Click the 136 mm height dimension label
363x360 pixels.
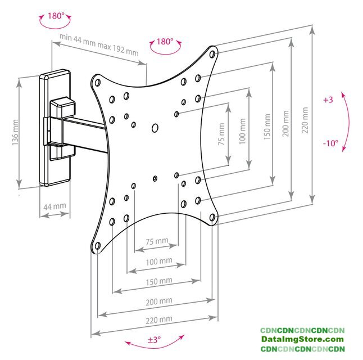click(x=15, y=132)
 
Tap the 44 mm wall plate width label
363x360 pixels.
click(x=55, y=206)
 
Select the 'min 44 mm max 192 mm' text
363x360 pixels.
click(x=99, y=45)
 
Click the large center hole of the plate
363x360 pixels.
click(x=155, y=128)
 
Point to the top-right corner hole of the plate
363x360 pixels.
click(x=212, y=55)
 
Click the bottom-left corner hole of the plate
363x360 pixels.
click(x=98, y=246)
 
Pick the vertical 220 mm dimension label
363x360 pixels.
click(x=305, y=120)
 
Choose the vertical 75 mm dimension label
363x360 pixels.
click(x=221, y=134)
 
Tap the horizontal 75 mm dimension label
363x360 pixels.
click(x=157, y=241)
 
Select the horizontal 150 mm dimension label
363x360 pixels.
click(x=159, y=281)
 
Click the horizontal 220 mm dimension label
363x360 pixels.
click(x=159, y=319)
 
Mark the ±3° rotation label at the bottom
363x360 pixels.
click(x=155, y=340)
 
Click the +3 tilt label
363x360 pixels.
click(x=328, y=100)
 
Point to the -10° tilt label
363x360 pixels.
click(x=330, y=143)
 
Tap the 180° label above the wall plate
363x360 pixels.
click(x=56, y=16)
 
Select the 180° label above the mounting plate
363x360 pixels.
click(x=165, y=42)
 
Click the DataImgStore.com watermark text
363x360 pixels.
click(x=302, y=339)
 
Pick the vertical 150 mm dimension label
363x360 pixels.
click(x=267, y=127)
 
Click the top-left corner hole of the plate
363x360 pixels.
click(x=97, y=83)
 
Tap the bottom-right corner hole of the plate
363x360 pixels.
click(x=212, y=218)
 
